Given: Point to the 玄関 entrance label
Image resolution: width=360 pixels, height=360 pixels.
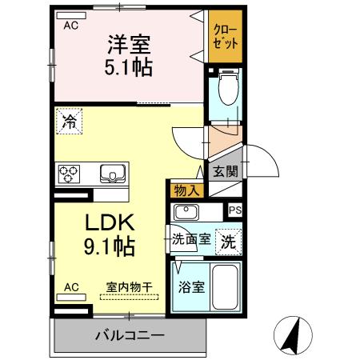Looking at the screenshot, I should pos(225,170).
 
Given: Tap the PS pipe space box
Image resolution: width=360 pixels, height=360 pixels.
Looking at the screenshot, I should pos(234,210).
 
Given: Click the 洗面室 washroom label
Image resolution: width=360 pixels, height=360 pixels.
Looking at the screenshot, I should pos(192,238).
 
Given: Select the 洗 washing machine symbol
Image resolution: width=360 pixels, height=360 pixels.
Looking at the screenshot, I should pos(229,241).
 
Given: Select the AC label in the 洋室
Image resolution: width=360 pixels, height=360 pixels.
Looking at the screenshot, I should pos(71,26).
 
